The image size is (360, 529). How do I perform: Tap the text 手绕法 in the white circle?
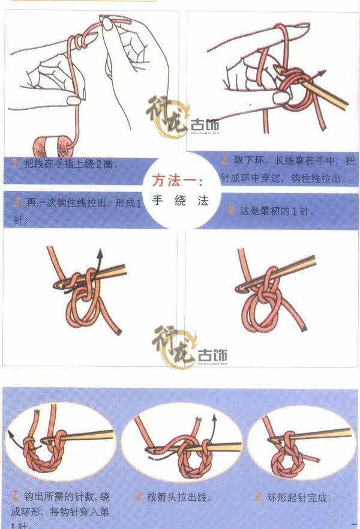pos(179,201)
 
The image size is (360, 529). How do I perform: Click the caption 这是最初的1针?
pos(277,211)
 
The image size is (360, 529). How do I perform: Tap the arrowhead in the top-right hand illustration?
pos(324,72)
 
